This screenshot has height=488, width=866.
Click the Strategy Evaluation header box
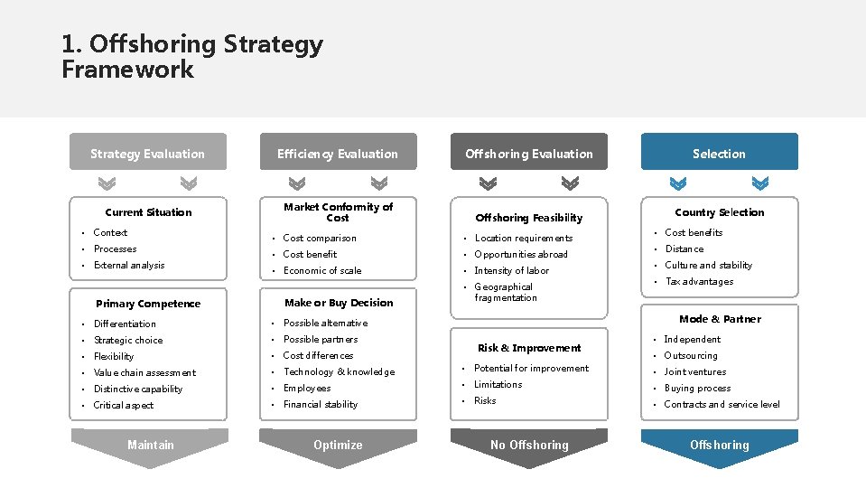(x=148, y=153)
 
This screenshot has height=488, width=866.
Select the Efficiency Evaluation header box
(x=338, y=153)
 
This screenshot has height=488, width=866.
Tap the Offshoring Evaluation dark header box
(x=529, y=153)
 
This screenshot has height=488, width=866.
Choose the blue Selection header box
(x=719, y=153)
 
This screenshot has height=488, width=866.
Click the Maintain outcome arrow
(x=150, y=446)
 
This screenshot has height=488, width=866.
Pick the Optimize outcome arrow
(x=338, y=446)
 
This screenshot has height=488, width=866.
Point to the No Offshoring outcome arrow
(x=529, y=446)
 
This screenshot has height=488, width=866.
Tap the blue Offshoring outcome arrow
(x=719, y=446)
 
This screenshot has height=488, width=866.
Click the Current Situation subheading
(x=148, y=212)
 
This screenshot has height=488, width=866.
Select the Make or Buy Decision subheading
(x=339, y=303)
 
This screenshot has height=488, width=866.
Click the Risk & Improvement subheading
(x=529, y=348)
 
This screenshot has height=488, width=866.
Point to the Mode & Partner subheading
(x=720, y=319)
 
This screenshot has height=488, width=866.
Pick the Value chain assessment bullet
(x=144, y=372)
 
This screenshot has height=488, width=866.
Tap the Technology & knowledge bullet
(x=339, y=371)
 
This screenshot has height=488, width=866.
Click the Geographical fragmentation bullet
(x=505, y=292)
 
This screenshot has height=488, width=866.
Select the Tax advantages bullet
(x=699, y=281)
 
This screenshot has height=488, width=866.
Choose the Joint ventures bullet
(x=695, y=371)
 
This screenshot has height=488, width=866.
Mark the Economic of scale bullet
(x=322, y=270)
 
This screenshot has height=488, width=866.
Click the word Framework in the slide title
(x=127, y=70)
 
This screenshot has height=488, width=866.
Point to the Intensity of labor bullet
(x=511, y=270)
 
